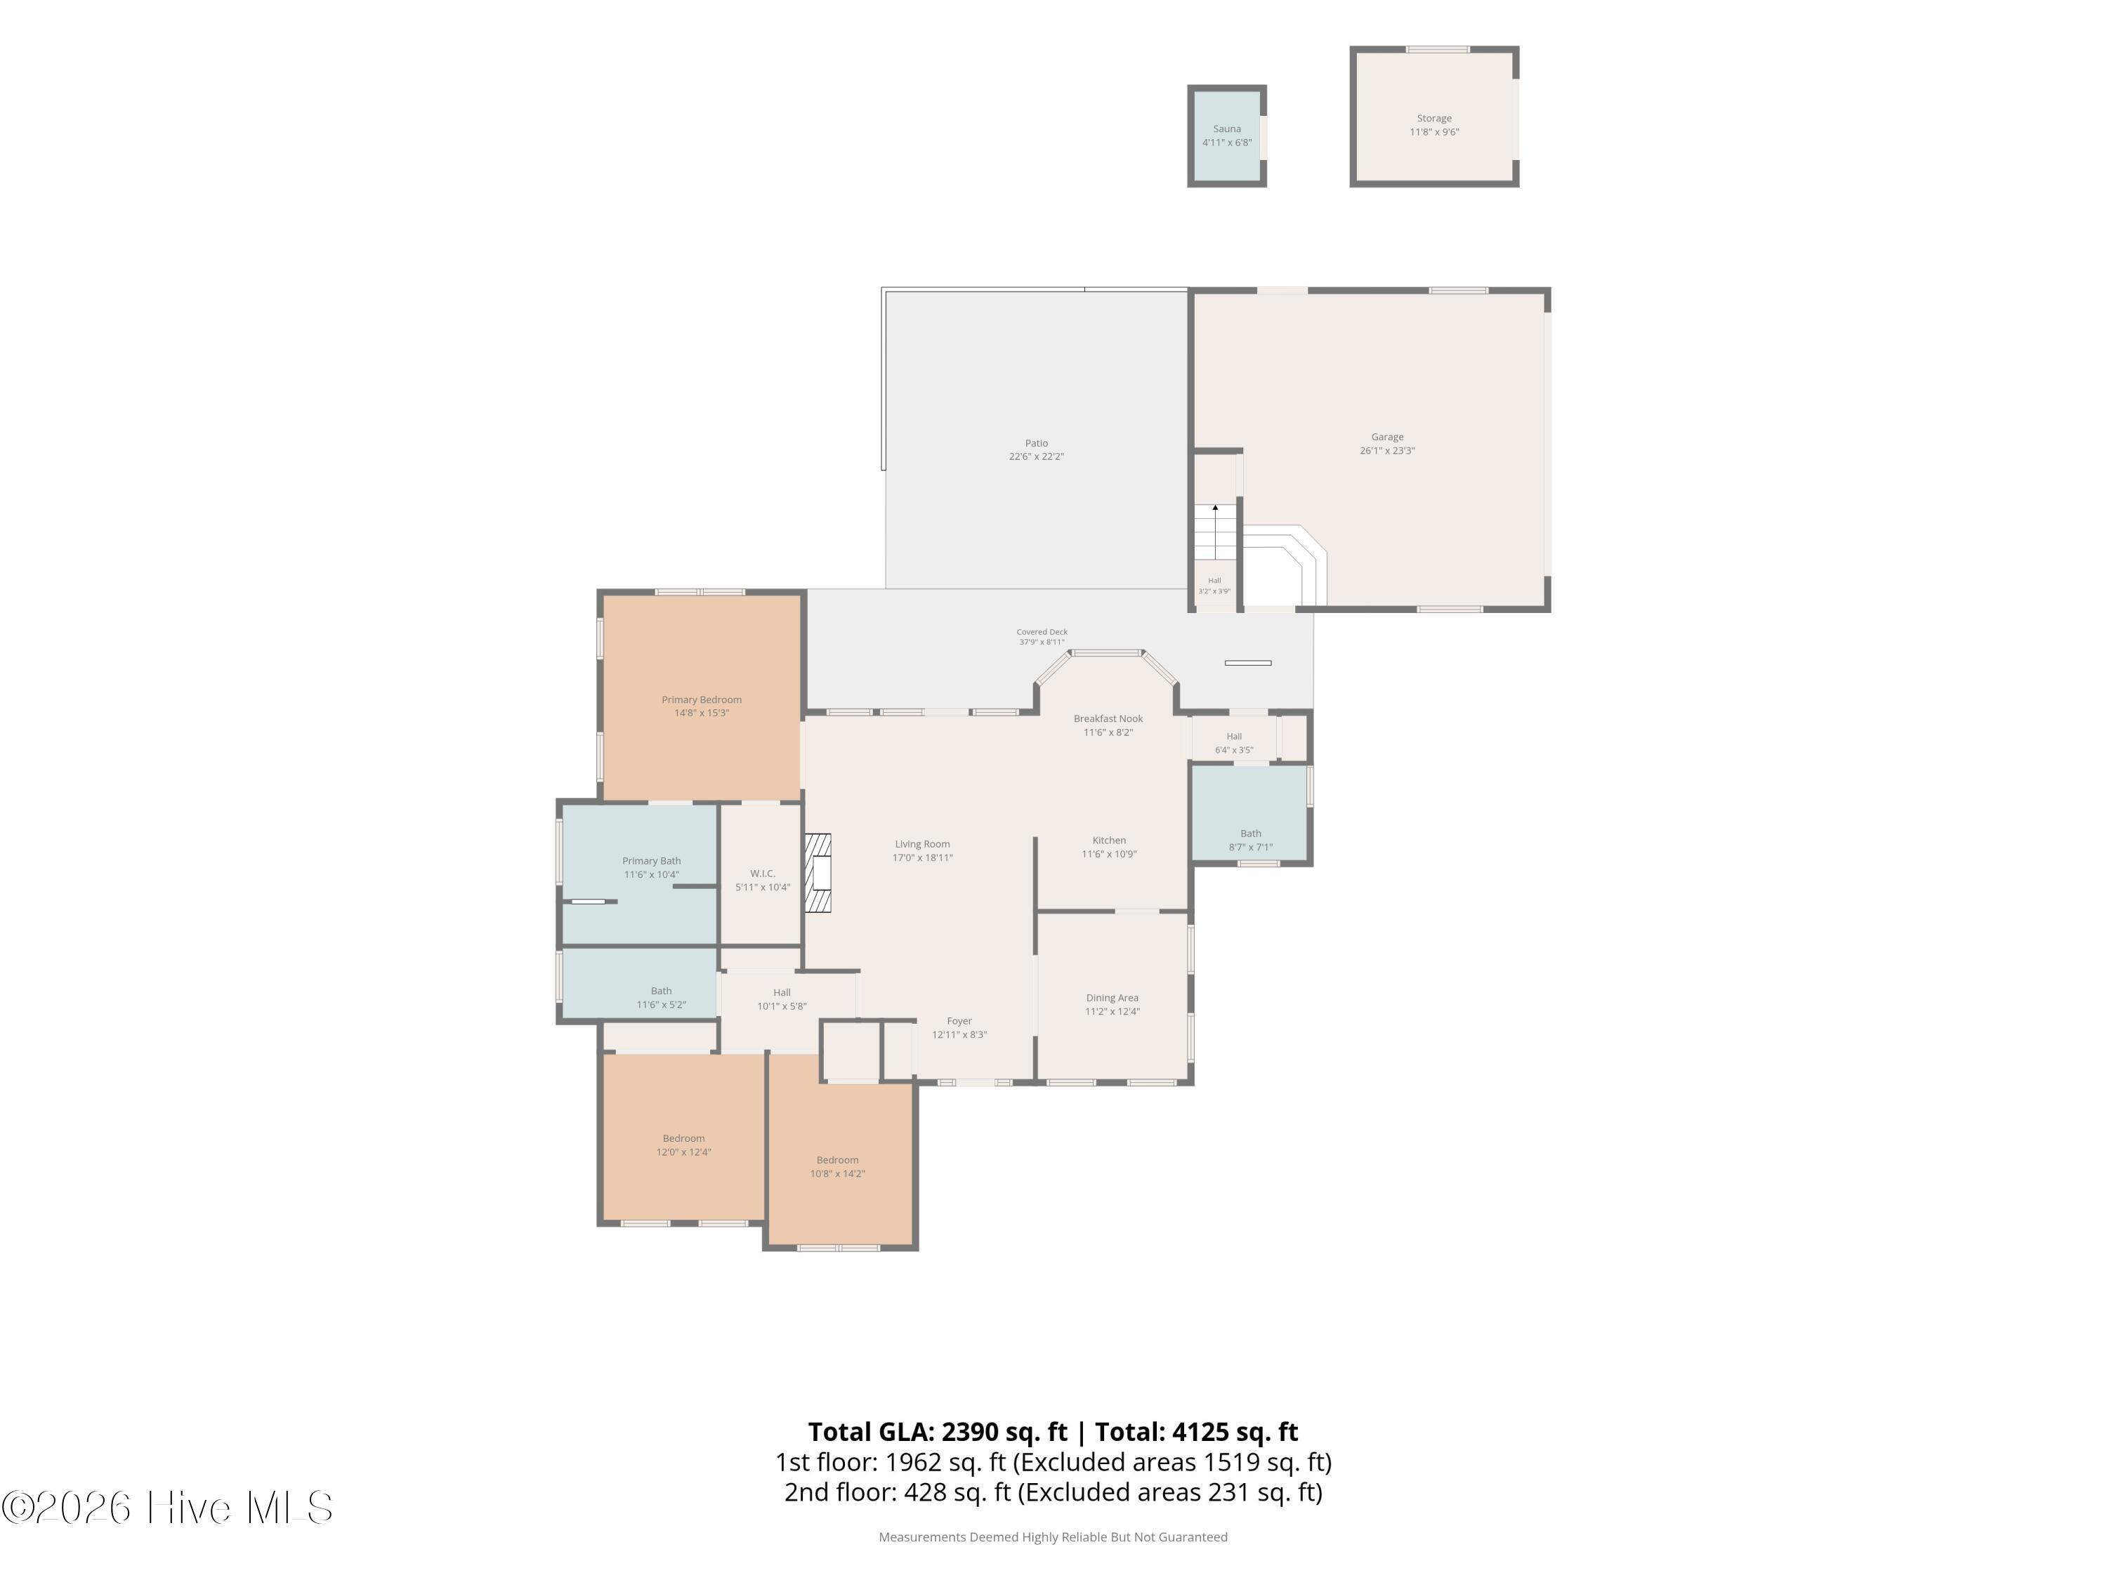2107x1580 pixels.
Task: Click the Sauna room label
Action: (x=1227, y=129)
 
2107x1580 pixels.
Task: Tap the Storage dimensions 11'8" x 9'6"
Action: (x=1433, y=133)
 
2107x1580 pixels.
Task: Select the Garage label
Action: (x=1387, y=437)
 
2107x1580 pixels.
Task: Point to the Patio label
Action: (x=1037, y=443)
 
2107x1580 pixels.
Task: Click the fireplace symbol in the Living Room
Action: (x=818, y=874)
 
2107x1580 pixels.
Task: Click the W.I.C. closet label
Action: (x=762, y=874)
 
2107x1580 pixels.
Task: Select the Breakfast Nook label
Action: (x=1108, y=719)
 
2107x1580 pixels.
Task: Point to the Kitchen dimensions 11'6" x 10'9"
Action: (x=1109, y=855)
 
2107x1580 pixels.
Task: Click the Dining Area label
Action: (x=1112, y=998)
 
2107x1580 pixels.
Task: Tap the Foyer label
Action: (x=959, y=1021)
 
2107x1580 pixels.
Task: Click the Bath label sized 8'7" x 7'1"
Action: (x=1251, y=834)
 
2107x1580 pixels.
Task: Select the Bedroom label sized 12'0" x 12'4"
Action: (x=684, y=1138)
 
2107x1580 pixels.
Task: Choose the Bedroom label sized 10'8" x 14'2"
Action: (x=837, y=1160)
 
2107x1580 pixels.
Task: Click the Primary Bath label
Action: (x=652, y=861)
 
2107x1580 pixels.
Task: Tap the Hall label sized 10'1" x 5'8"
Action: (x=782, y=992)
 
